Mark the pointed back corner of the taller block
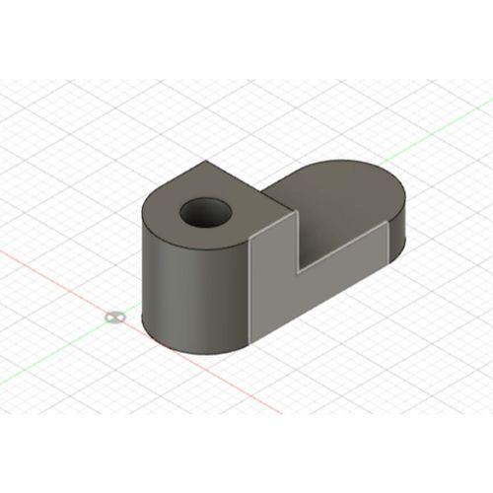pyautogui.click(x=204, y=163)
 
